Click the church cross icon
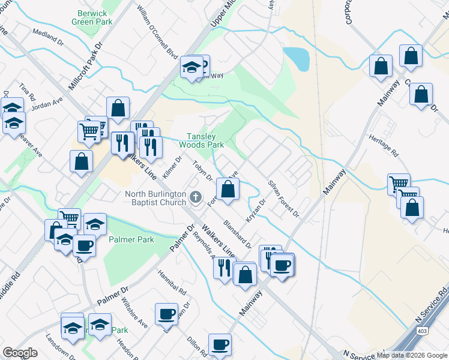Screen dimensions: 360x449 pos(195,197)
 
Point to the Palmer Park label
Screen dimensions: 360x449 pos(131,239)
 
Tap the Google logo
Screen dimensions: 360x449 pos(20,353)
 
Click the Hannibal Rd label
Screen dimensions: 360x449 pos(172,281)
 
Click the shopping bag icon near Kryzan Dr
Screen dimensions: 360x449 pos(228,188)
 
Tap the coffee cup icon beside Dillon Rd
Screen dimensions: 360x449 pos(220,344)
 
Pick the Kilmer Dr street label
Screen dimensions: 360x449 pos(177,169)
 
